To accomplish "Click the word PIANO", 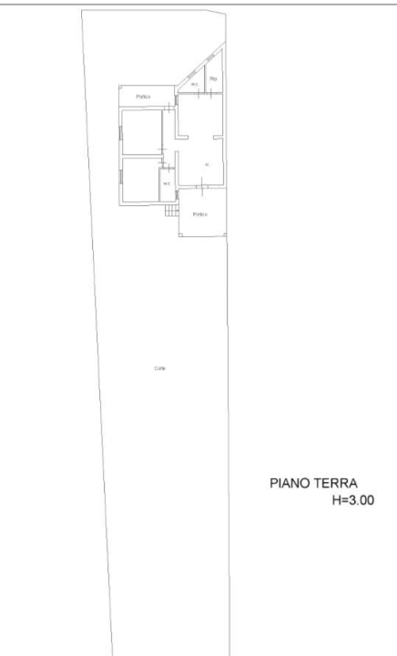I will (290, 484).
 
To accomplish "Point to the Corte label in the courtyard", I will (159, 368).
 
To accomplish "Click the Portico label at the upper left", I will (143, 97).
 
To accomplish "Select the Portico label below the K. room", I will (200, 214).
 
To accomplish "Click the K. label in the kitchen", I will (208, 164).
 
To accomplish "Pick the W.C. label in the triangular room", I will (194, 85).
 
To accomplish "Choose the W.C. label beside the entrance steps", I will (167, 184).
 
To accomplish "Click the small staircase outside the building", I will (170, 210).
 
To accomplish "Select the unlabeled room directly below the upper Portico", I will (140, 132).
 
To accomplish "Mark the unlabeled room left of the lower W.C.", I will (139, 179).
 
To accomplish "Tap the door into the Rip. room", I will (210, 93).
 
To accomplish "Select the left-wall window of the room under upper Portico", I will (119, 132).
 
